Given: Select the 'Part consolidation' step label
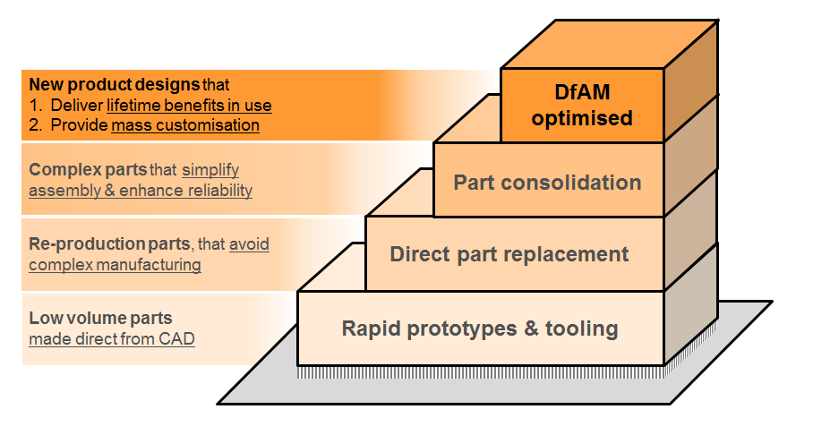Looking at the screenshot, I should (x=547, y=183).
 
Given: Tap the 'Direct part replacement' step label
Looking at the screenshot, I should (x=509, y=254).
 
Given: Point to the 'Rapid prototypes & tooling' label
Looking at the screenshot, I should (x=480, y=328).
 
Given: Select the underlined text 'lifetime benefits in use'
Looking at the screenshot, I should (x=195, y=106).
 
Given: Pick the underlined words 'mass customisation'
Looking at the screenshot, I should (x=185, y=125).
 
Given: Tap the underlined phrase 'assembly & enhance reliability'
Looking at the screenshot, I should (x=141, y=190).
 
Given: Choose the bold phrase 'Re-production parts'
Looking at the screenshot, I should (x=87, y=243).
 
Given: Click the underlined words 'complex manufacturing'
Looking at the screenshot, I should (x=115, y=264).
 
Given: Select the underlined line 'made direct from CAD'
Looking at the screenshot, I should (x=112, y=338).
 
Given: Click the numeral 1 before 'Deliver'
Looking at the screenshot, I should (x=34, y=106).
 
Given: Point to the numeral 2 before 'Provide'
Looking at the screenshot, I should (x=34, y=125).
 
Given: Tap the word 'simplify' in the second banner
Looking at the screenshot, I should (x=210, y=169).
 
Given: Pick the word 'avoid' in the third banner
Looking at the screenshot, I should (x=249, y=243).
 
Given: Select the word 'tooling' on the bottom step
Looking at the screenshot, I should (x=584, y=328).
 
